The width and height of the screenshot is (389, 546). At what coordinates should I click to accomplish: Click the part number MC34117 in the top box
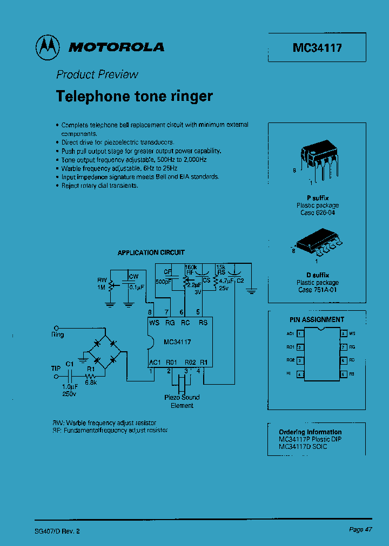pos(317,47)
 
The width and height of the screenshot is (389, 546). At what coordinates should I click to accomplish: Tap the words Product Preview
pos(97,74)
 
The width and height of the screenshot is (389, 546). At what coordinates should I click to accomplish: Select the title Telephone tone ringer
pos(135,96)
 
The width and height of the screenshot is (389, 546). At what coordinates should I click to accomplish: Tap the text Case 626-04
pos(318,213)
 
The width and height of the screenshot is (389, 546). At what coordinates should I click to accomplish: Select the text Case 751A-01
pos(318,290)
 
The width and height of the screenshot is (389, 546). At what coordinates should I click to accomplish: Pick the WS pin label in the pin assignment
pos(352,334)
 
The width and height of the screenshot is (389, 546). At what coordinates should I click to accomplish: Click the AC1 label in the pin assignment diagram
pos(290,334)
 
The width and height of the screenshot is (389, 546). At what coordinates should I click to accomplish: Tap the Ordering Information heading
pos(310,432)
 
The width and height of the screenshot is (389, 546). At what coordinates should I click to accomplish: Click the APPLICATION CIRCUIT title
pos(151,252)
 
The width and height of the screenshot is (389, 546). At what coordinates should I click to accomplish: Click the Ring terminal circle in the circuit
pos(55,327)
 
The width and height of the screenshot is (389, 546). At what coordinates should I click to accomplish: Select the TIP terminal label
pos(56,367)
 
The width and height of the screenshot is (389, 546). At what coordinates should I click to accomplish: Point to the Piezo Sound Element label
pos(182,401)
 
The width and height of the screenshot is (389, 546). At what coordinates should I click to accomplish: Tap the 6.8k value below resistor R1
pos(90,382)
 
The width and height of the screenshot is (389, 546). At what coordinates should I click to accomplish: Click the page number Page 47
pos(360,530)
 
